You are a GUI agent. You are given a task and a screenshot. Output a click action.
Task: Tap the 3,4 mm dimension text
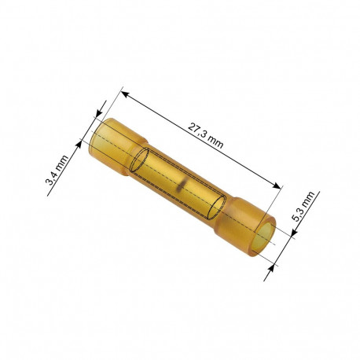pos(57,171)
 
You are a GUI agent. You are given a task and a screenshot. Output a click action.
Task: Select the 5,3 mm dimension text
pos(303,207)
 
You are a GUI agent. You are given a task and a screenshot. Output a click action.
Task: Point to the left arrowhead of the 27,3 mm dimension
pos(125,94)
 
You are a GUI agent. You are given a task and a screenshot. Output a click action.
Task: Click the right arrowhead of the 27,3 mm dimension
pos(277,186)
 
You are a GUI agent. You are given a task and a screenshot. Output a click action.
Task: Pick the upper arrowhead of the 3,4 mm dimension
pos(99,113)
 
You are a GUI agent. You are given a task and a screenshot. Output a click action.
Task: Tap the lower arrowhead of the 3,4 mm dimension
pos(79,145)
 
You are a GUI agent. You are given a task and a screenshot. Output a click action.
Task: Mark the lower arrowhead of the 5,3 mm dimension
pos(273,269)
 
